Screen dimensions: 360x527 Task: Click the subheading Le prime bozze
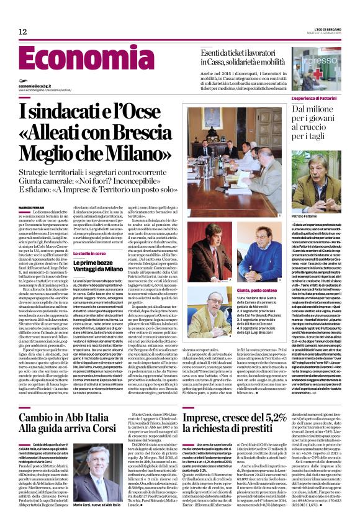pyautogui.click(x=92, y=263)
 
